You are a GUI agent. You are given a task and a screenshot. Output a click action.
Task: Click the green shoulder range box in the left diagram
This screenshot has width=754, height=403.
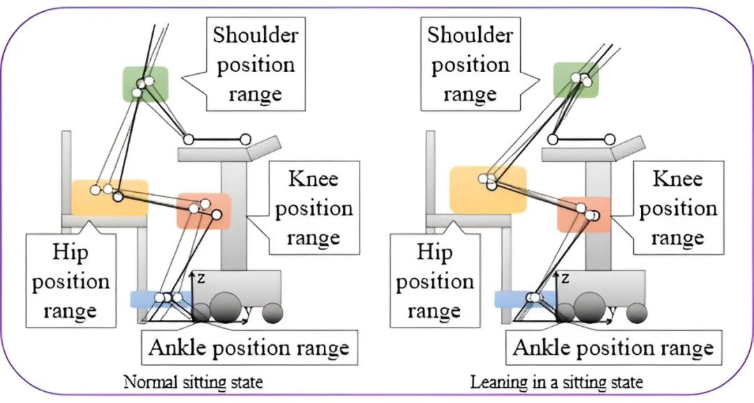145,84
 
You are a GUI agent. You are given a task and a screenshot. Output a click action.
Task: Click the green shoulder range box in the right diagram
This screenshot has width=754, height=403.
576,79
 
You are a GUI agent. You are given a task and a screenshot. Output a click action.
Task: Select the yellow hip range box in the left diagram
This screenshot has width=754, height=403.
110,197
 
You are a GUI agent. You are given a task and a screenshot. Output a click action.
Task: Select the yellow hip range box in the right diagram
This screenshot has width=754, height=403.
487,189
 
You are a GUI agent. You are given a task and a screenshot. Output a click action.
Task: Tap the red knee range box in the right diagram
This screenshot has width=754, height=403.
584,214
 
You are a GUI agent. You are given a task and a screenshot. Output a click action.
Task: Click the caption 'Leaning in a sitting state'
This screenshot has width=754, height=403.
556,382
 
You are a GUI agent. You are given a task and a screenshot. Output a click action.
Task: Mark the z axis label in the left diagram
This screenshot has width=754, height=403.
200,278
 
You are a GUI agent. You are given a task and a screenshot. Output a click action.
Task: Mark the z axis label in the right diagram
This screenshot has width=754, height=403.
565,278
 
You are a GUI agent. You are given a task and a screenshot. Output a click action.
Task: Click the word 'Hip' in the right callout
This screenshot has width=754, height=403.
434,251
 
